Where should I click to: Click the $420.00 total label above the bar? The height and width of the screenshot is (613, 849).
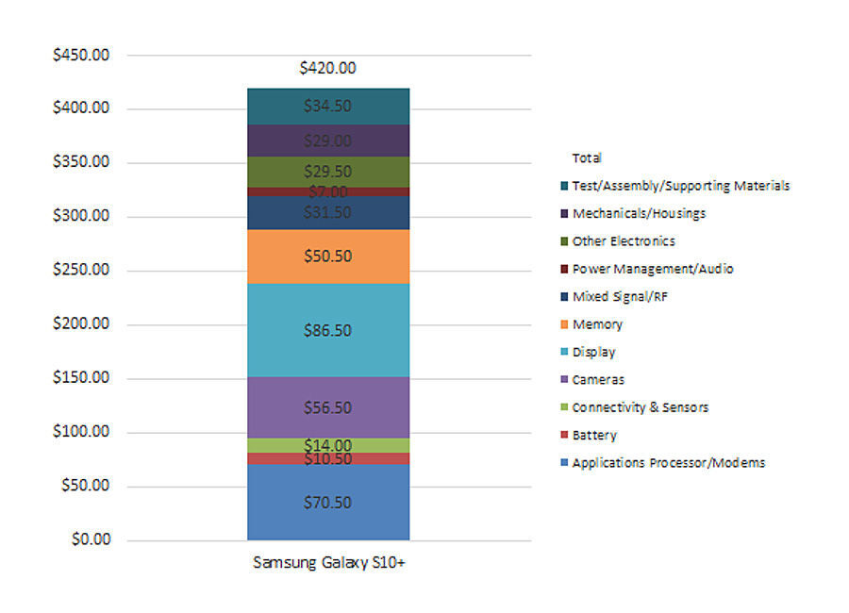[x=327, y=68]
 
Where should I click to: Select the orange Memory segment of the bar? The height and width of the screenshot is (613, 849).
[x=327, y=257]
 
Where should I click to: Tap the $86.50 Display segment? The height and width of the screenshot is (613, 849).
[x=327, y=330]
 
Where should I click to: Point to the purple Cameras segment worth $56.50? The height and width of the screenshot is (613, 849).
[x=327, y=407]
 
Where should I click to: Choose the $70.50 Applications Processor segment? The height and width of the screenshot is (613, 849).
[x=327, y=502]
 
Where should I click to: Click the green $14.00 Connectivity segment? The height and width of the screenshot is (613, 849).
[x=327, y=445]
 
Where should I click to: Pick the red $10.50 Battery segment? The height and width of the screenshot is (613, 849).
[x=327, y=459]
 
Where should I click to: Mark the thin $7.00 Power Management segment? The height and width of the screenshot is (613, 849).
[x=327, y=191]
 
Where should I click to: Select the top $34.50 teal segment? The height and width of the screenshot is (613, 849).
[x=327, y=107]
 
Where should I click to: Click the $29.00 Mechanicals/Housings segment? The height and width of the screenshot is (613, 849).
[x=327, y=141]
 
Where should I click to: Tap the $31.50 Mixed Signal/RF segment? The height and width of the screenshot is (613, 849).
[x=327, y=213]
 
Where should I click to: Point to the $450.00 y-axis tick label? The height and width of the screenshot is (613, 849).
[x=82, y=55]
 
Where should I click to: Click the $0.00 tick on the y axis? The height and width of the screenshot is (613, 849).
[x=91, y=540]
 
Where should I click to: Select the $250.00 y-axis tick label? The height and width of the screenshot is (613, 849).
[x=82, y=271]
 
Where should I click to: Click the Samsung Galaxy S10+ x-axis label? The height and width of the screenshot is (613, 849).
[x=327, y=563]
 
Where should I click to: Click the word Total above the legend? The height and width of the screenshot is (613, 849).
[x=587, y=158]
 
